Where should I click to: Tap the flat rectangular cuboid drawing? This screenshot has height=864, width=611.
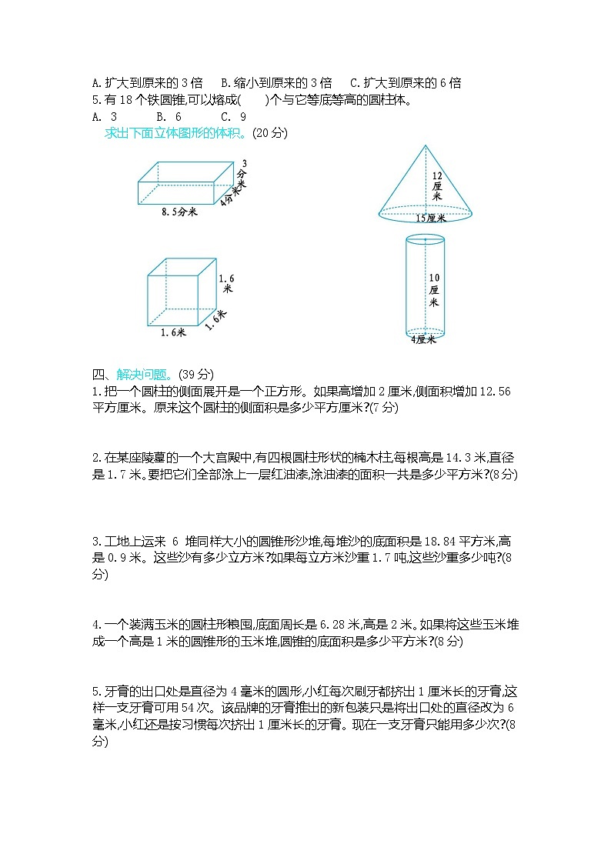tap(185, 183)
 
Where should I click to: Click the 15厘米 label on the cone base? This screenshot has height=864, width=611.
tap(431, 218)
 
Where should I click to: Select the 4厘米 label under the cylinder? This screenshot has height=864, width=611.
tap(423, 339)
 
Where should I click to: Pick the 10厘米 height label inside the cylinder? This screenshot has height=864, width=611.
tap(434, 289)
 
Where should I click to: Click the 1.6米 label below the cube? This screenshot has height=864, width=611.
tap(173, 332)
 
